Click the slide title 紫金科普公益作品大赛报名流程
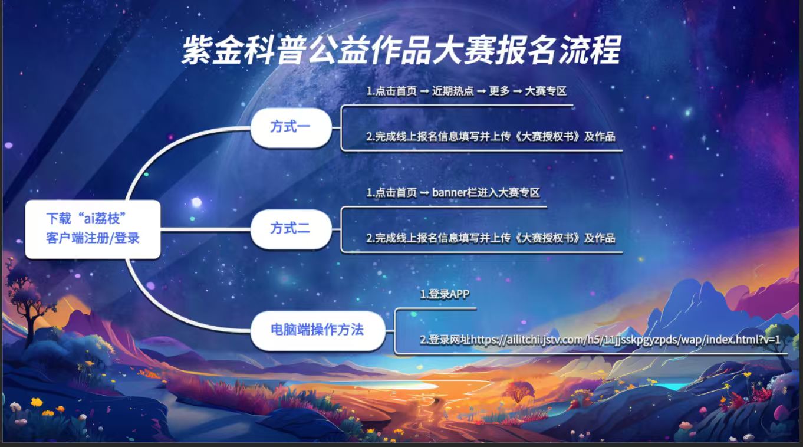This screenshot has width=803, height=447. pos(401,50)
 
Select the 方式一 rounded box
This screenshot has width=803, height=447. pos(291,127)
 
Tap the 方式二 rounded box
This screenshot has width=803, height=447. pos(291,229)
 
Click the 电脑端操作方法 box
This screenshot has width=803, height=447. pos(318,330)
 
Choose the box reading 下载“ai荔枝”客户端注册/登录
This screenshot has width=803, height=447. pos(93,229)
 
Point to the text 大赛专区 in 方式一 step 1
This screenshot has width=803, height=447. pos(545,91)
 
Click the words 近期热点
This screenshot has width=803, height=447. pos(453,91)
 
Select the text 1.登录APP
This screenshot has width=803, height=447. pos(445,294)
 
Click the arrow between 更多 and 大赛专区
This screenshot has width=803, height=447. pos(517,92)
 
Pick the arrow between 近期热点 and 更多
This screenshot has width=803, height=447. pos(481,92)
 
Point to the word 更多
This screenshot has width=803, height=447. pos(499,91)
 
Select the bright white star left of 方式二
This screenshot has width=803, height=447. pos(196,202)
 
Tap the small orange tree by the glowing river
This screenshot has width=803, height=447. pos(519,392)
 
